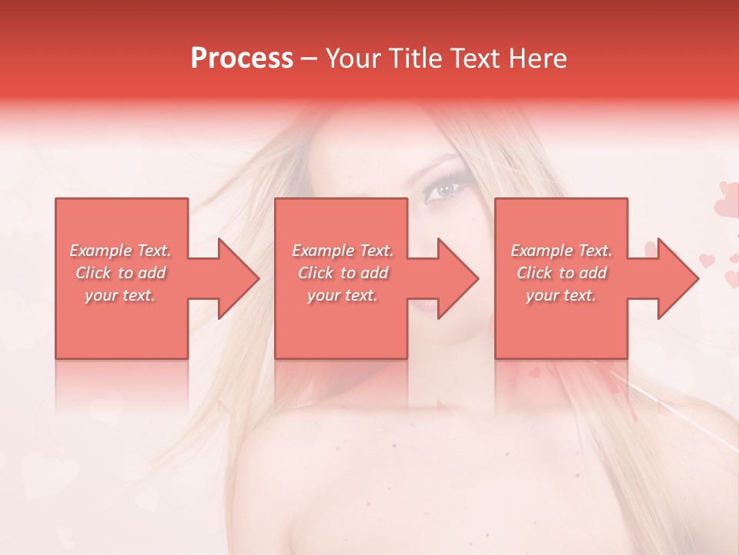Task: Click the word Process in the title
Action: coord(242,59)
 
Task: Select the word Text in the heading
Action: coord(475,59)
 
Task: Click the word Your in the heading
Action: coord(353,59)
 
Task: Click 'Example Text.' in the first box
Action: coord(121,251)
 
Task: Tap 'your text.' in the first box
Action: coord(121,295)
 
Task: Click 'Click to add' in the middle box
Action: coord(343,273)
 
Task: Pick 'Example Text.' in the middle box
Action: coord(343,251)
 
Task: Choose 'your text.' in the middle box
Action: coord(343,295)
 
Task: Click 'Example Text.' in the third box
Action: coord(561,251)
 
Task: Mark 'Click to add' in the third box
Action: coord(561,273)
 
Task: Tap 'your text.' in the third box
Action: coord(561,295)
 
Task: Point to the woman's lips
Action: coord(426,304)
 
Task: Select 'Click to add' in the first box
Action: coord(121,273)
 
